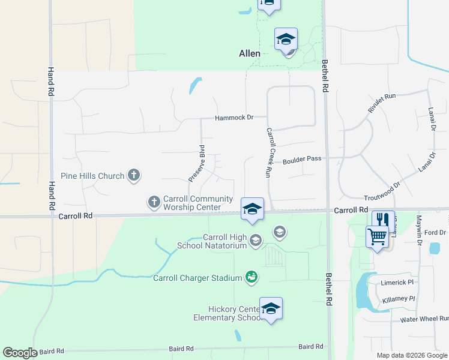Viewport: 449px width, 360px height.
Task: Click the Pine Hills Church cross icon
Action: [x=133, y=176]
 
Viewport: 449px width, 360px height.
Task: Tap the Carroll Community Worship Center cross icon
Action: [x=154, y=202]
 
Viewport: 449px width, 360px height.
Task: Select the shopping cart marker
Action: [x=377, y=237]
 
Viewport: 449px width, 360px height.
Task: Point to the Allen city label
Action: [x=250, y=53]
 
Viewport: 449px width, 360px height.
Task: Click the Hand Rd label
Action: [x=50, y=81]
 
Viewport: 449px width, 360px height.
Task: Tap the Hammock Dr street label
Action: [x=235, y=118]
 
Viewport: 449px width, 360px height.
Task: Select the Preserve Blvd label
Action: [x=197, y=163]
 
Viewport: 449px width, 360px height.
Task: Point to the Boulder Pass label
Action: [x=302, y=160]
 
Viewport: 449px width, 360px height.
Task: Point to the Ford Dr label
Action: [x=435, y=232]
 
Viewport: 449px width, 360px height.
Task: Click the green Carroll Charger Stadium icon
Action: [x=252, y=277]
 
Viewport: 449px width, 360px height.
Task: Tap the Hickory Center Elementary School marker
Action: [x=271, y=308]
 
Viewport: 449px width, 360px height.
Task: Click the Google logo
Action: [x=20, y=353]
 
